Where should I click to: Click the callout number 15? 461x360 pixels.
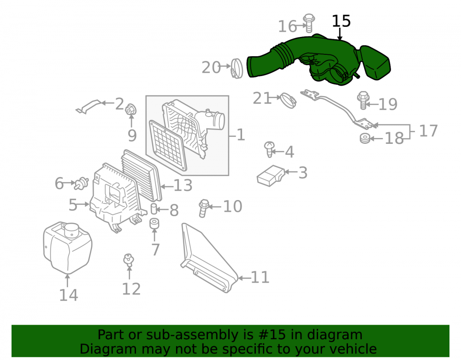tap(341, 21)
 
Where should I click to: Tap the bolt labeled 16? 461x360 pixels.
tap(309, 23)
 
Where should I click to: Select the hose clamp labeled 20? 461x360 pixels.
tap(236, 69)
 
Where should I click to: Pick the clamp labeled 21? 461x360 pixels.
tap(288, 100)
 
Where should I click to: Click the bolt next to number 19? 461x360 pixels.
tap(363, 100)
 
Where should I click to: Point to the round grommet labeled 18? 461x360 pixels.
tap(365, 138)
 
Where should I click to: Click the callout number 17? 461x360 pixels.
tap(428, 131)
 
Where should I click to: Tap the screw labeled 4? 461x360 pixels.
tap(269, 149)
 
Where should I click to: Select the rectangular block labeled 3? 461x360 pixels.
tap(271, 176)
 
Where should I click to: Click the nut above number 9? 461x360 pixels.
tap(131, 110)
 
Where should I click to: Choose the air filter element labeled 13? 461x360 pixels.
tap(142, 175)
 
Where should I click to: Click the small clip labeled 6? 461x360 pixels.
tap(81, 183)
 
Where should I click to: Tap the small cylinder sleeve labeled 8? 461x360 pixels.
tap(154, 209)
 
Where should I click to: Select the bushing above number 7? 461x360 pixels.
tap(154, 224)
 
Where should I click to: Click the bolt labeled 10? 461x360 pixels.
tap(203, 208)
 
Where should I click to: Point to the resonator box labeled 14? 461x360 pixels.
tap(67, 248)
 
